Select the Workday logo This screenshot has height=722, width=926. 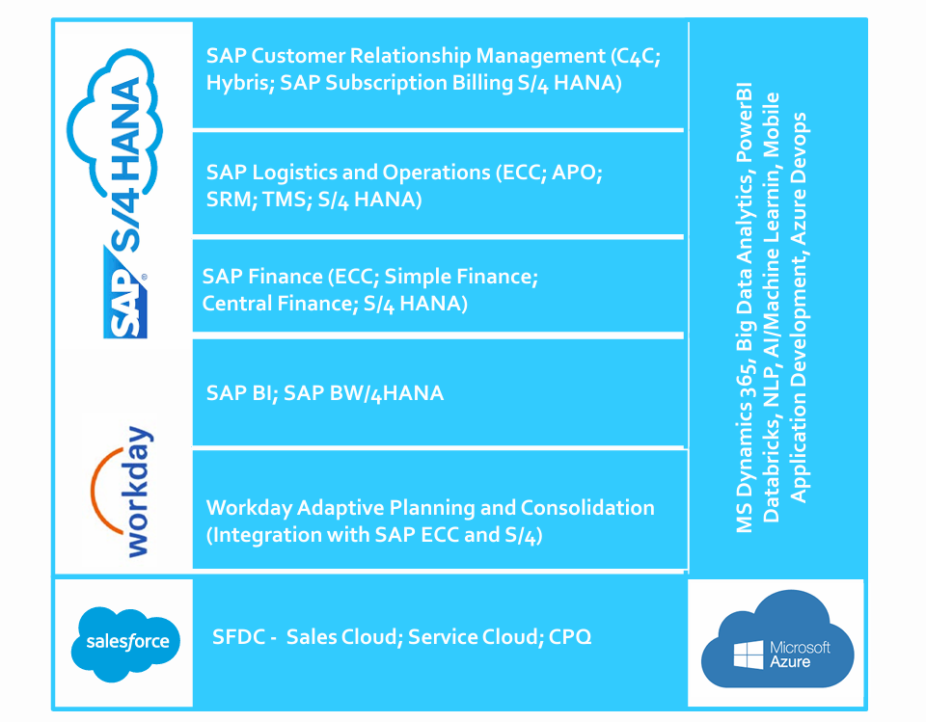pos(127,493)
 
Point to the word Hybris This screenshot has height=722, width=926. pos(238,83)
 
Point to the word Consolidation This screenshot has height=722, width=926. pos(587,508)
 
